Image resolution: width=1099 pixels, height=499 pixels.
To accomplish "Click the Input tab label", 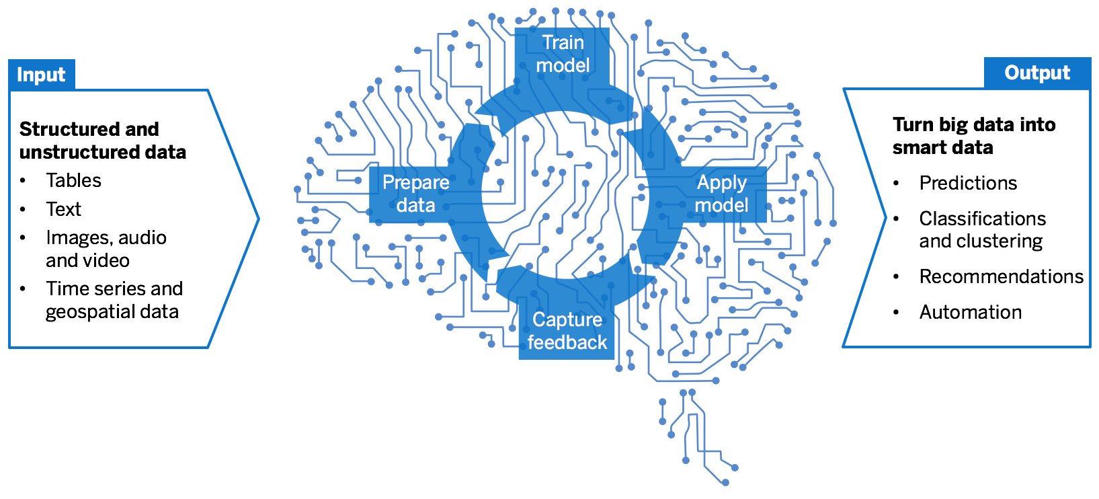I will coord(41,75).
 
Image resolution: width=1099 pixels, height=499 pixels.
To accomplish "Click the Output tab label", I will coord(1036,73).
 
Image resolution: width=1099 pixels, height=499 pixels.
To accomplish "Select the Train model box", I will coord(563,54).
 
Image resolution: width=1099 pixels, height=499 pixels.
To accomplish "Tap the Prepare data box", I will coord(415,194).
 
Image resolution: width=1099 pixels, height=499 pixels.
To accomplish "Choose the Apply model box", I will coord(721,194).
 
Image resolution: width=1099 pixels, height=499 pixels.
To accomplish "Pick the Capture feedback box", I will coord(567,331).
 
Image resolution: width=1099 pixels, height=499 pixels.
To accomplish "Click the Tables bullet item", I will coord(73,180).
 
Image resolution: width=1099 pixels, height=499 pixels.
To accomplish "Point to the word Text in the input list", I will coord(63,209).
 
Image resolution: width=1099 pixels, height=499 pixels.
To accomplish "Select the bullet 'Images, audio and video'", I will coord(106,249).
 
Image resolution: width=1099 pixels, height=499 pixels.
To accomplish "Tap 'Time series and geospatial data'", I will coord(114,300).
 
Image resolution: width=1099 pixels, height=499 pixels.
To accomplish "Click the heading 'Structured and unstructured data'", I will coord(102,140).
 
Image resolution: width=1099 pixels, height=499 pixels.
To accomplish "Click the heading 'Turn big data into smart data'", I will coord(973,136).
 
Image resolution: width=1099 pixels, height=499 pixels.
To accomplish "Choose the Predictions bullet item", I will coord(968,183).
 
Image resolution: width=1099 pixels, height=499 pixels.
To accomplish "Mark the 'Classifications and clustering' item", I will coord(981,229).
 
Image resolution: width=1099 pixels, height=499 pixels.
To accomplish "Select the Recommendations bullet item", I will coord(1001,276).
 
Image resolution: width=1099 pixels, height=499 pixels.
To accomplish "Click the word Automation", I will coord(970,312).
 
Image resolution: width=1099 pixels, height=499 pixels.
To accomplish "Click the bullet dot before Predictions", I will coord(896,183).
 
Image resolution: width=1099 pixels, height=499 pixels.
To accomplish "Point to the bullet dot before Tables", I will coord(23,181).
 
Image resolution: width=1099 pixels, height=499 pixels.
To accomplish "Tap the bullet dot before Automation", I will coord(896,313).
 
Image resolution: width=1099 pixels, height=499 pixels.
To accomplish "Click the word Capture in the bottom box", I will coord(567,319).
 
